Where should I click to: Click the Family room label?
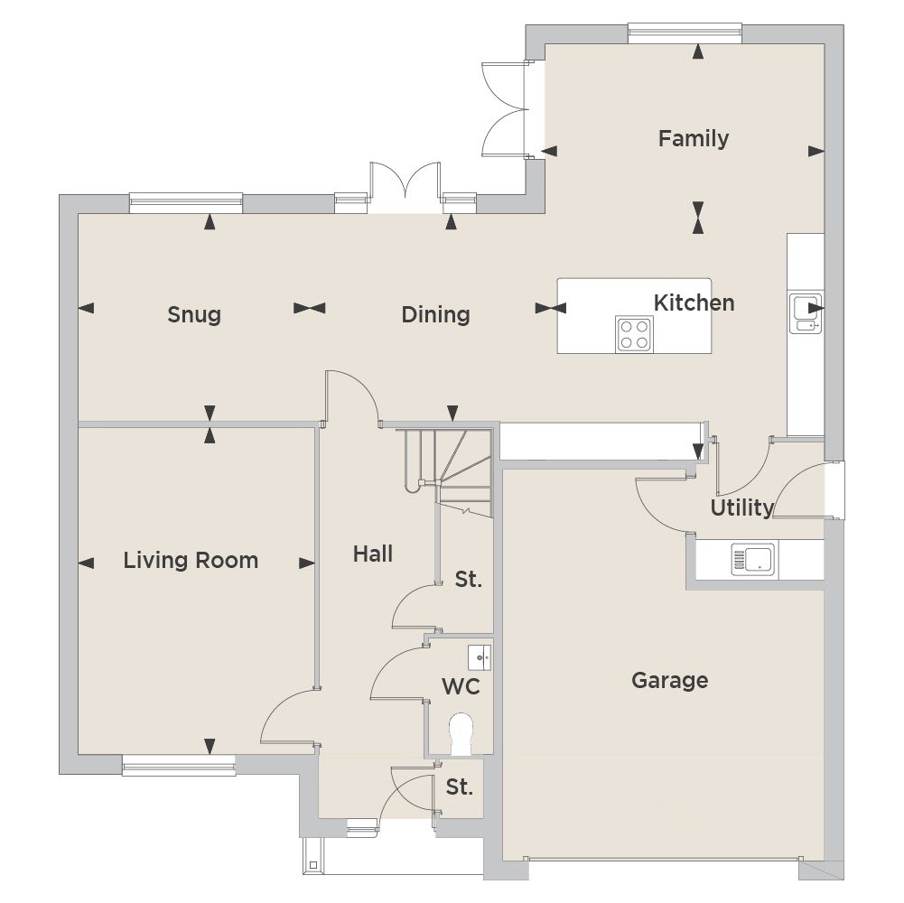tap(694, 138)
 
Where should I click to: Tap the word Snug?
tap(194, 315)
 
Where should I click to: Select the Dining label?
tap(436, 315)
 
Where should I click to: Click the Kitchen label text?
tap(694, 303)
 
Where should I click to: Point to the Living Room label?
tap(191, 561)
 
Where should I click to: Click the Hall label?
tap(373, 554)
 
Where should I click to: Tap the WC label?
tap(461, 687)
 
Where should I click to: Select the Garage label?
tap(670, 681)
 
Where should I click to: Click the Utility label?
tap(742, 508)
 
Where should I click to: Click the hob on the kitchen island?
tap(634, 334)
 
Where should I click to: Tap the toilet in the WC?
tap(461, 735)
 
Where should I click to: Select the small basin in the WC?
tap(480, 658)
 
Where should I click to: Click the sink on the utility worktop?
tap(753, 559)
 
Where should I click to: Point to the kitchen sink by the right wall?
tap(806, 313)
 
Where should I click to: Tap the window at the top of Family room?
tap(685, 33)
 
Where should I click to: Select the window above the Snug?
tap(186, 203)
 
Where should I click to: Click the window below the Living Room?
tap(179, 765)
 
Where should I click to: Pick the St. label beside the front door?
tap(460, 787)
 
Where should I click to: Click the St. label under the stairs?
tap(468, 580)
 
